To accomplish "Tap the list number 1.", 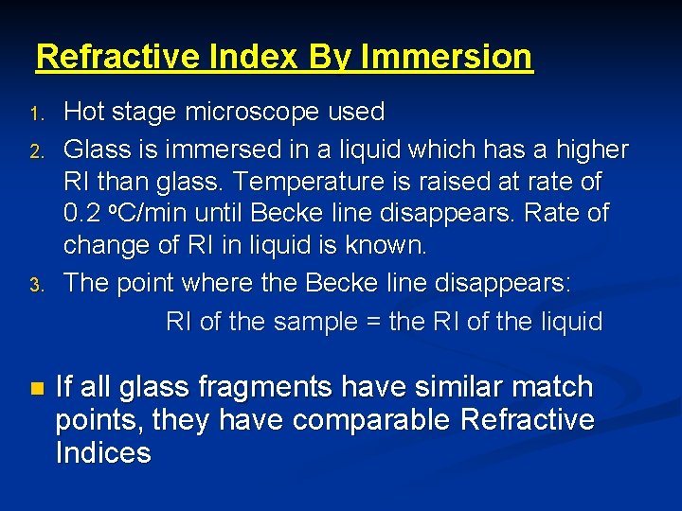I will (35, 115).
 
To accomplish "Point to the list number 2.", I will (35, 151).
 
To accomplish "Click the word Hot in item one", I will (83, 113).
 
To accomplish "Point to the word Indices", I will (103, 452).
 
